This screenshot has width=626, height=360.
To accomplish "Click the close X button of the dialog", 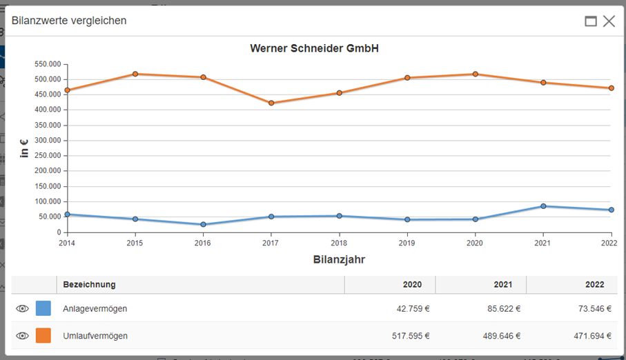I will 608,21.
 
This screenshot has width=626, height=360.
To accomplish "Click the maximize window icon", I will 591,21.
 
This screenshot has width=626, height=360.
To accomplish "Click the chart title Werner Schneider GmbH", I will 314,49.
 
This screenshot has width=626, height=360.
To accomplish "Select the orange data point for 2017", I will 271,103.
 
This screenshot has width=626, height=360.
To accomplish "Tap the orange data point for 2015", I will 135,74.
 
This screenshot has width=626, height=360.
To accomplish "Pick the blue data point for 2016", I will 203,225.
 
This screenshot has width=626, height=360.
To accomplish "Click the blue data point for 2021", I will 543,206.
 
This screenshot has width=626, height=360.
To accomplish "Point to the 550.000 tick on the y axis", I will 48,64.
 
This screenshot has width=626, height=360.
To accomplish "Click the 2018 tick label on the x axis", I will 339,243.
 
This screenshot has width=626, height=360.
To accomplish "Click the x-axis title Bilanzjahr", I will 339,260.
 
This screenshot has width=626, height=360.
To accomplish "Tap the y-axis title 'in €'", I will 24,148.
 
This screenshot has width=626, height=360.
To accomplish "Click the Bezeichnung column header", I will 90,285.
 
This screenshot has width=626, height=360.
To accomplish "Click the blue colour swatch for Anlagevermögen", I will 43,308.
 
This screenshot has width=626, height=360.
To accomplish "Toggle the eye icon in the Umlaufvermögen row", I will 22,336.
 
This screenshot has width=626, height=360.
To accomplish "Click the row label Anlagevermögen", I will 95,309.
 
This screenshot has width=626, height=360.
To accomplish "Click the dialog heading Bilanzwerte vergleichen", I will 69,21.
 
